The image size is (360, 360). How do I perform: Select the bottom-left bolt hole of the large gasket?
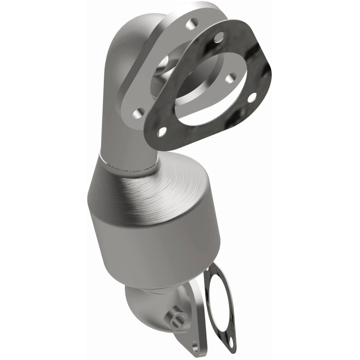click(x=162, y=131)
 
